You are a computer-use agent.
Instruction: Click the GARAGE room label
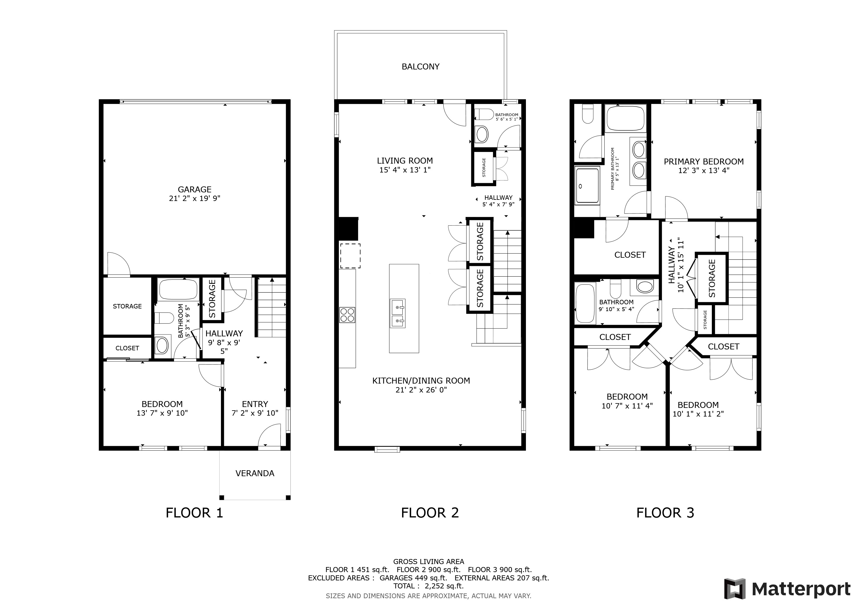click(195, 189)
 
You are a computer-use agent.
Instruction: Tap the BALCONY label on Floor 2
click(420, 66)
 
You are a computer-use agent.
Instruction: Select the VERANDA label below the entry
click(255, 473)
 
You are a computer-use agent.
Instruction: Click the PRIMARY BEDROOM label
click(704, 162)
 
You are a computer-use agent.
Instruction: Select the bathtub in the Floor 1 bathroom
click(178, 289)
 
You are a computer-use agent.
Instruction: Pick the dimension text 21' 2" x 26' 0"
click(421, 390)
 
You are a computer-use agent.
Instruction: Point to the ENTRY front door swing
click(270, 435)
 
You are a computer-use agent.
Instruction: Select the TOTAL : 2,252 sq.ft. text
click(429, 586)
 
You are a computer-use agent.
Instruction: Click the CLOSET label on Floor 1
click(127, 348)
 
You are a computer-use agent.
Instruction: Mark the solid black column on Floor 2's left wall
click(348, 229)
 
